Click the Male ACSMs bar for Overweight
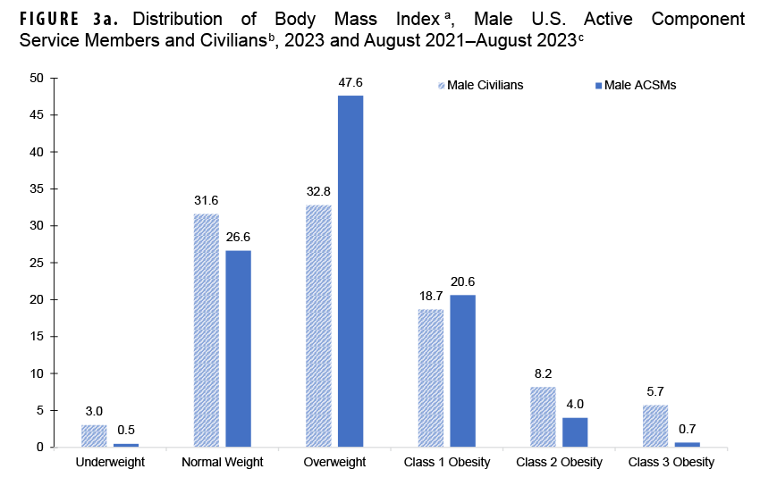pyautogui.click(x=350, y=271)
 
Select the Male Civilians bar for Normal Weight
pyautogui.click(x=207, y=330)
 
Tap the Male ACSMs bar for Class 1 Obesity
pyautogui.click(x=463, y=371)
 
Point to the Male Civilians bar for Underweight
pyautogui.click(x=94, y=436)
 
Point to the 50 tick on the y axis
pyautogui.click(x=38, y=78)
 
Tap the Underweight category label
pyautogui.click(x=110, y=463)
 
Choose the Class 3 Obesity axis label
pyautogui.click(x=671, y=463)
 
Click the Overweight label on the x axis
pyautogui.click(x=334, y=463)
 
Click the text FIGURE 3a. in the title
pyautogui.click(x=69, y=19)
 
